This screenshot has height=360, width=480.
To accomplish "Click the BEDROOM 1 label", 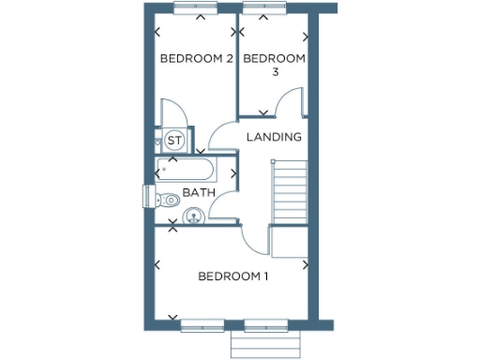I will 233,277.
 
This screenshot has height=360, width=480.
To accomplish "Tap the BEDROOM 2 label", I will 196,58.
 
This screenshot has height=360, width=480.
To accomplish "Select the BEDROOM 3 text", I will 274,65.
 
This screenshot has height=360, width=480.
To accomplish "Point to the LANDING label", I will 274,137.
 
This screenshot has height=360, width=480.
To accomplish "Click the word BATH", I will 199,193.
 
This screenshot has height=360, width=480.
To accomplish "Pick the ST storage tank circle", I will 173,141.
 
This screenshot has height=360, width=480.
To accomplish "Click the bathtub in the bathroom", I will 187,171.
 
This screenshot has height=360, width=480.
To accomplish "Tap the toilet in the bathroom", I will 166,199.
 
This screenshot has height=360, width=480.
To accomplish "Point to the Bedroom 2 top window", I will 196,9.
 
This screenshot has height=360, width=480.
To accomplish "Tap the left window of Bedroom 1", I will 202,325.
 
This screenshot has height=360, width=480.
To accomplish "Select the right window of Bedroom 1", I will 266,325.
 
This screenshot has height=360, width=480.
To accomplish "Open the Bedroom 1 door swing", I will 256,239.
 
